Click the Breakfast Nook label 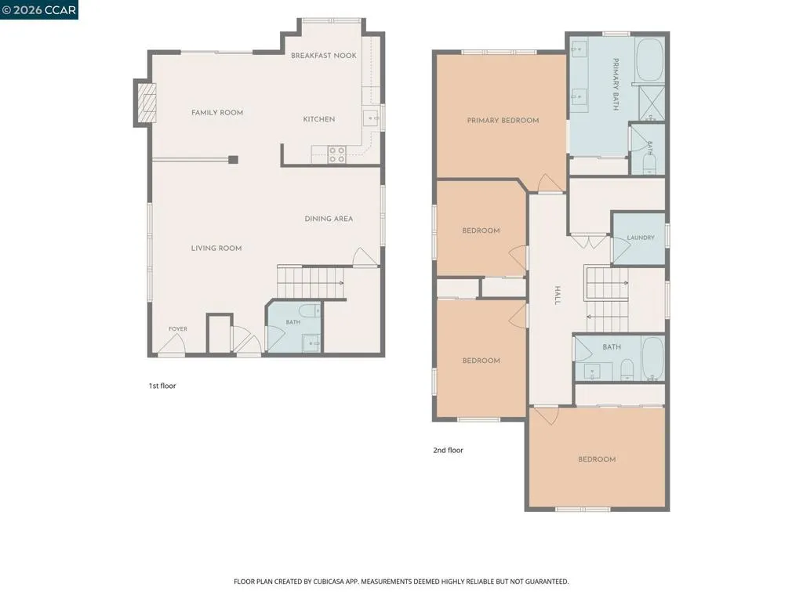click(324, 56)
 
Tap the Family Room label click(217, 113)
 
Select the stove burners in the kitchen click(337, 154)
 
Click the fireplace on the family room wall click(145, 103)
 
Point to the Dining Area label click(329, 219)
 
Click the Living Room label click(216, 248)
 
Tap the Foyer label click(178, 329)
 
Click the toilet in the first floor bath click(309, 310)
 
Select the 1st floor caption click(162, 386)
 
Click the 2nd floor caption click(448, 451)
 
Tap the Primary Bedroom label click(503, 121)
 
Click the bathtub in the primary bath click(650, 59)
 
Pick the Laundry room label click(641, 238)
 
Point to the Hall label click(558, 296)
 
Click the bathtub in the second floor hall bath click(652, 358)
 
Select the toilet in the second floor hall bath click(627, 370)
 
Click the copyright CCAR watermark click(39, 9)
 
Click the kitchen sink click(371, 119)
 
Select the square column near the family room click(233, 160)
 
